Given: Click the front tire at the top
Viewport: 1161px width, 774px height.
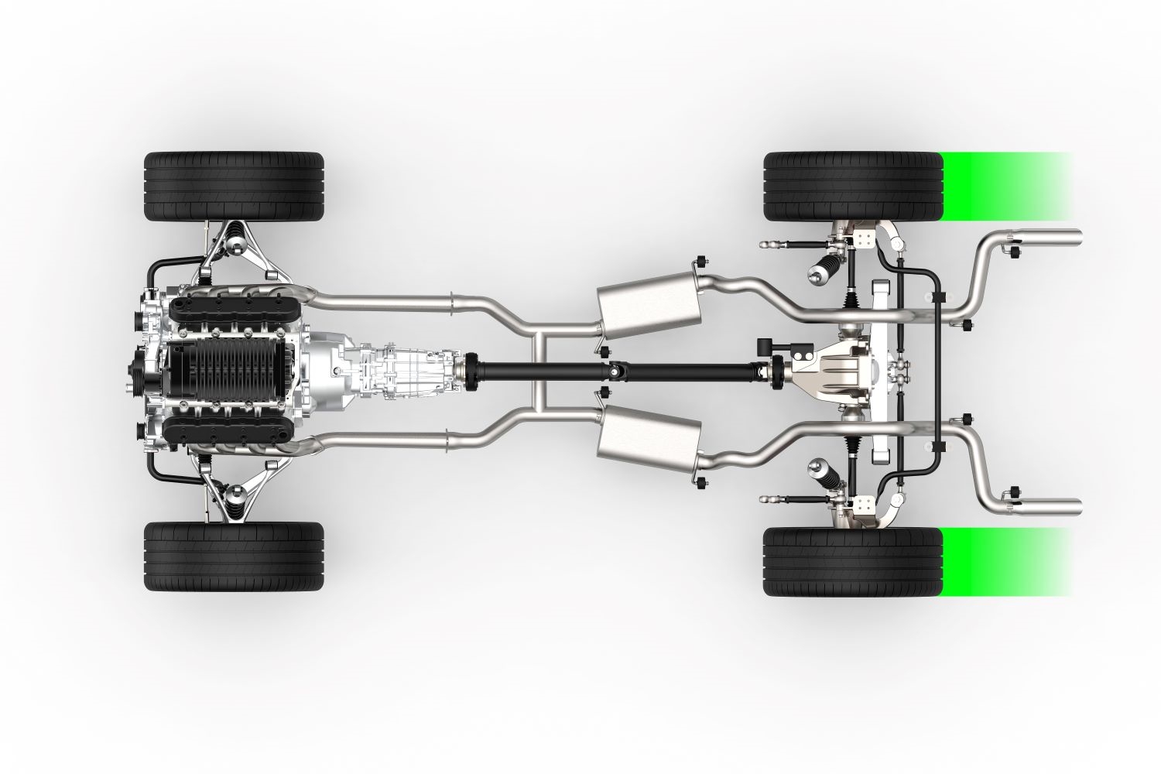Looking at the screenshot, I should click(x=234, y=187).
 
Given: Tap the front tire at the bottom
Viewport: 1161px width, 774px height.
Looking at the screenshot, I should click(x=234, y=557).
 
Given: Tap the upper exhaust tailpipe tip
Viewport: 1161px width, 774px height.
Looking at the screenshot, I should click(x=1060, y=237).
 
